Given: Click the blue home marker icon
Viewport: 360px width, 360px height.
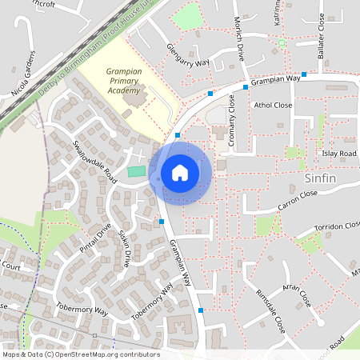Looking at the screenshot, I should [x=180, y=173].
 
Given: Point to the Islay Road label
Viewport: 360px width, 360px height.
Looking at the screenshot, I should [x=338, y=153].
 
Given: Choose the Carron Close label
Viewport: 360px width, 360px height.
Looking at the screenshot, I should [x=298, y=200].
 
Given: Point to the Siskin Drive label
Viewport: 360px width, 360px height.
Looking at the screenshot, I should [x=125, y=249].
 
